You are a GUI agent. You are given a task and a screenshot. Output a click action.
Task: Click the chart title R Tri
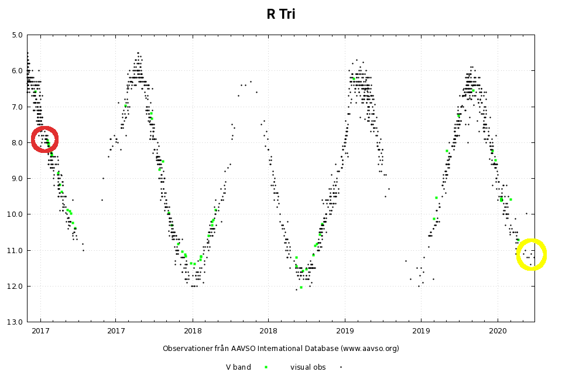coord(281,15)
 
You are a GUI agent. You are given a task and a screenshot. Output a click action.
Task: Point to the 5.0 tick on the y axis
coord(17,35)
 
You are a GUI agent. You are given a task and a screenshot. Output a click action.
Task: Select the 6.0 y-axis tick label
coord(17,71)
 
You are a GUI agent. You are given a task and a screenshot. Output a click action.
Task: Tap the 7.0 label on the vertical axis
coord(17,107)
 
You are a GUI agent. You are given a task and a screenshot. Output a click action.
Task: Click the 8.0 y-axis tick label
coord(17,142)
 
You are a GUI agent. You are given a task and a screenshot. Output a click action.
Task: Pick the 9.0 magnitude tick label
coord(17,178)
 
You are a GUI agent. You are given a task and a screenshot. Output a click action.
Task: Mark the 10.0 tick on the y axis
coord(15,214)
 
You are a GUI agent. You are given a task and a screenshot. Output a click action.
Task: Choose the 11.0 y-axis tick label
coord(15,250)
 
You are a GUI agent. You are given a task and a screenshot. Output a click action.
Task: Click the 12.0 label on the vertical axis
coord(15,286)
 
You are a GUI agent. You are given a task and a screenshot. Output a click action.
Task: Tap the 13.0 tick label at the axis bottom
coord(15,322)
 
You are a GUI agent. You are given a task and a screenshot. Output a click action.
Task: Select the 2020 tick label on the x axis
coord(498,331)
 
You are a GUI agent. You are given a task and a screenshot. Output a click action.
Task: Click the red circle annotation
coord(44,139)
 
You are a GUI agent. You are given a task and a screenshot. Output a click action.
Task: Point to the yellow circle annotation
coord(532,254)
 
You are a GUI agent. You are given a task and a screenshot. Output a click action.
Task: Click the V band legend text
coord(238,367)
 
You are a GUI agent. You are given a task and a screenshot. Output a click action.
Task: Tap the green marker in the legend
coord(266,367)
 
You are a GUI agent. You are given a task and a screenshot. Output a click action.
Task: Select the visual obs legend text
coord(308,367)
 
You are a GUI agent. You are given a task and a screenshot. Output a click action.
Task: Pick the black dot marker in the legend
coord(341,367)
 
